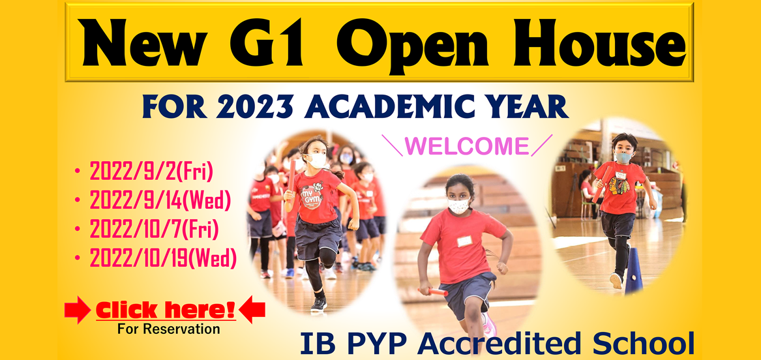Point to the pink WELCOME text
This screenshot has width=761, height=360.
pyautogui.click(x=466, y=145)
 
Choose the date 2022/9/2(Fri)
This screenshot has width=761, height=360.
pyautogui.click(x=151, y=172)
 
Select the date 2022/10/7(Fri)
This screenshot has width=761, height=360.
pyautogui.click(x=154, y=230)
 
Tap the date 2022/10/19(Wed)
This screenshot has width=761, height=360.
pyautogui.click(x=162, y=258)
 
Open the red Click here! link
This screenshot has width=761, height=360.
pyautogui.click(x=166, y=310)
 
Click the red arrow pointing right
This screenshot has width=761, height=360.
pyautogui.click(x=78, y=310)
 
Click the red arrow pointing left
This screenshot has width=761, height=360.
pyautogui.click(x=252, y=310)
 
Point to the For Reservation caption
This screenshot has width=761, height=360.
pyautogui.click(x=168, y=329)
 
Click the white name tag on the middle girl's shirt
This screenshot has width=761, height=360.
pyautogui.click(x=464, y=241)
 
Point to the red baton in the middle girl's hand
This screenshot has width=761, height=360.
pyautogui.click(x=433, y=291)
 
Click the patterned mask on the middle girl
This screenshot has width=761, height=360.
pyautogui.click(x=458, y=205)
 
